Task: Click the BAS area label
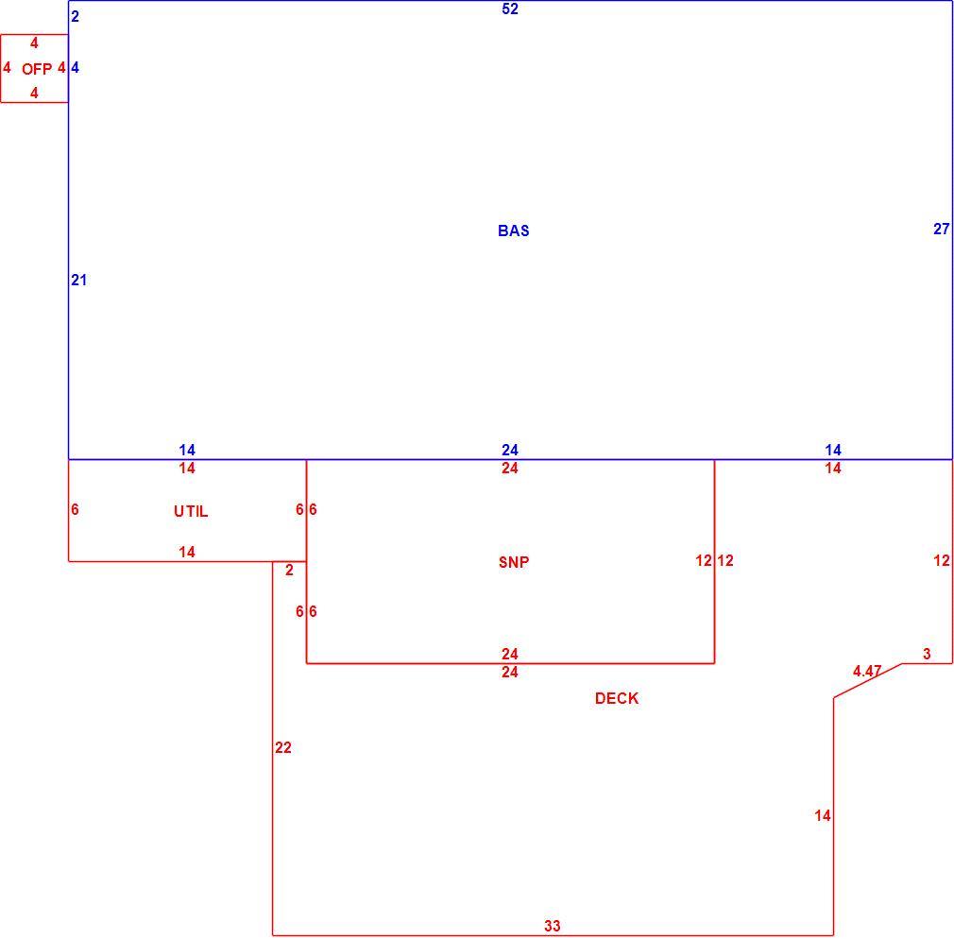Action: click(514, 230)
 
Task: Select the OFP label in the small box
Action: click(37, 69)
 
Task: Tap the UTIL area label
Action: click(191, 511)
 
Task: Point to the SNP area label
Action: click(514, 562)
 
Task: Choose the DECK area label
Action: click(617, 698)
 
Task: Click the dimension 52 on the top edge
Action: click(510, 9)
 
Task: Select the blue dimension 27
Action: click(941, 229)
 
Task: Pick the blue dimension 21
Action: click(79, 280)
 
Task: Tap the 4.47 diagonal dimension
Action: click(867, 671)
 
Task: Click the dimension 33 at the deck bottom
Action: click(553, 926)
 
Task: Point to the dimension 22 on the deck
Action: click(283, 747)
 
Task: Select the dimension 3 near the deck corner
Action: click(927, 654)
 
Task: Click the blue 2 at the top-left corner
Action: click(75, 16)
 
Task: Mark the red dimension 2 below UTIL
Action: click(289, 570)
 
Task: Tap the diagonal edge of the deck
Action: click(868, 680)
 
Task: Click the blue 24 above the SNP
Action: click(510, 450)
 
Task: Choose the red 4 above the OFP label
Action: click(34, 43)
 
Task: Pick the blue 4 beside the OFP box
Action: click(75, 68)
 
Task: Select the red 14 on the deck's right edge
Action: click(823, 815)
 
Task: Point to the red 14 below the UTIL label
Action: click(187, 552)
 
